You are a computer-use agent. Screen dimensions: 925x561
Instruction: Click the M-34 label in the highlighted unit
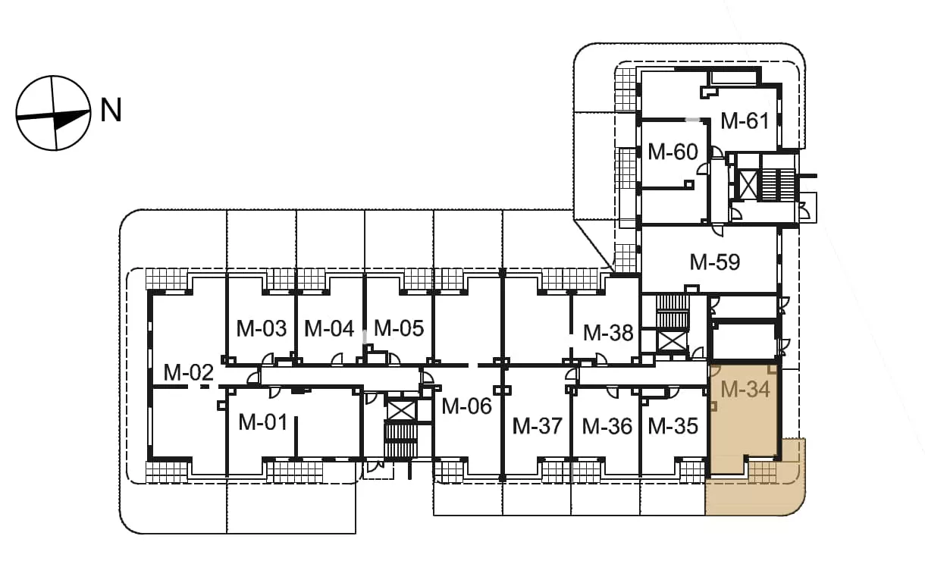(x=745, y=389)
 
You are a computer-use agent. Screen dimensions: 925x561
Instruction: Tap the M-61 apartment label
(x=745, y=121)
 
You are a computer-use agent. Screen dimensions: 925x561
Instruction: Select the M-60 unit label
(x=673, y=152)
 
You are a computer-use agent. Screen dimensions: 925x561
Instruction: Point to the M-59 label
(x=715, y=262)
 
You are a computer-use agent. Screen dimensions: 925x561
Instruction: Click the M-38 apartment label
(x=608, y=333)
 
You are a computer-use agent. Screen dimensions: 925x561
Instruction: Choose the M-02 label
(x=188, y=372)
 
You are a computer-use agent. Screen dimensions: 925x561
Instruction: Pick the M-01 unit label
(x=262, y=423)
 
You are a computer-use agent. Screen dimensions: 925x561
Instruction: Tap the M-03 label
(x=262, y=328)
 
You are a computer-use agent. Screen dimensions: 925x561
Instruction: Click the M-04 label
(x=329, y=328)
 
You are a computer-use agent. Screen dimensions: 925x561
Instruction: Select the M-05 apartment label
(x=399, y=328)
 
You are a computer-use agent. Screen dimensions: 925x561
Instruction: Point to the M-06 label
(x=466, y=406)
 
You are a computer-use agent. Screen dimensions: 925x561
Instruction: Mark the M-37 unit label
(x=538, y=426)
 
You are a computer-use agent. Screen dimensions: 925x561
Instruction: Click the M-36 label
(x=607, y=426)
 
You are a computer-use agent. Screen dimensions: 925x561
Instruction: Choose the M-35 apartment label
(x=673, y=426)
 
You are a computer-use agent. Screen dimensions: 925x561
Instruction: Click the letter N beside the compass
(x=111, y=110)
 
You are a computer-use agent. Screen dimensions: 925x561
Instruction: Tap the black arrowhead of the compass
(x=71, y=118)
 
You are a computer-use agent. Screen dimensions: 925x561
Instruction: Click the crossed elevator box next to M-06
(x=401, y=411)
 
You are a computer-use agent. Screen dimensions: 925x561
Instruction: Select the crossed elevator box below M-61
(x=748, y=184)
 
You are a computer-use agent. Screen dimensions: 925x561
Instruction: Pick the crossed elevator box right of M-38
(x=673, y=341)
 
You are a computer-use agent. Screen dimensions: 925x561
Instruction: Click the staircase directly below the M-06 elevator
(x=401, y=440)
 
